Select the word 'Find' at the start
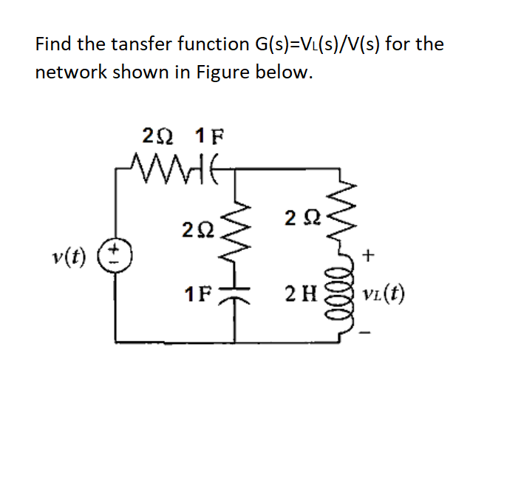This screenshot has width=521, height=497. [x=53, y=44]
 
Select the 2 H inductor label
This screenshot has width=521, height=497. [x=304, y=298]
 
